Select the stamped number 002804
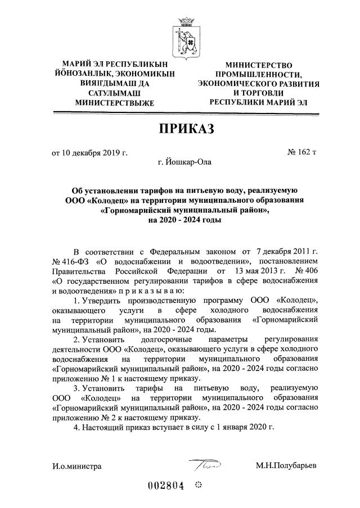(166, 487)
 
